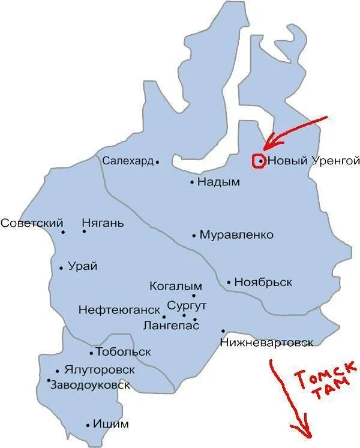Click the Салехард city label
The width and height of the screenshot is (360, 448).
(x=128, y=161)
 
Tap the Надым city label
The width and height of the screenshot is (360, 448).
(x=218, y=182)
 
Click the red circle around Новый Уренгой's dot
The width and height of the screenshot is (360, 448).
(x=259, y=161)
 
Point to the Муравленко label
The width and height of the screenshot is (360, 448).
(x=236, y=235)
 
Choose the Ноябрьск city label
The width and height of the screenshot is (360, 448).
(x=263, y=282)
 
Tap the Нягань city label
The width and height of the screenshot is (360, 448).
(x=103, y=224)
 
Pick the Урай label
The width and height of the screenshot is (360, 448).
(x=83, y=267)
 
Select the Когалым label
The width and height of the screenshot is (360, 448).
(x=175, y=286)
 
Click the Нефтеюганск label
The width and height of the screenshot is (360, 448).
(x=119, y=310)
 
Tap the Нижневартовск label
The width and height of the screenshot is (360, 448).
(x=266, y=342)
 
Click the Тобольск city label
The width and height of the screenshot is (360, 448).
(x=124, y=352)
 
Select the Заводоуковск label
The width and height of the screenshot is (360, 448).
(x=90, y=385)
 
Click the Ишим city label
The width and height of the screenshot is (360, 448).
(x=111, y=424)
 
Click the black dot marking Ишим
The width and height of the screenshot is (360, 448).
(x=88, y=425)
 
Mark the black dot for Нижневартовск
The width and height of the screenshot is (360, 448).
(x=223, y=330)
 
